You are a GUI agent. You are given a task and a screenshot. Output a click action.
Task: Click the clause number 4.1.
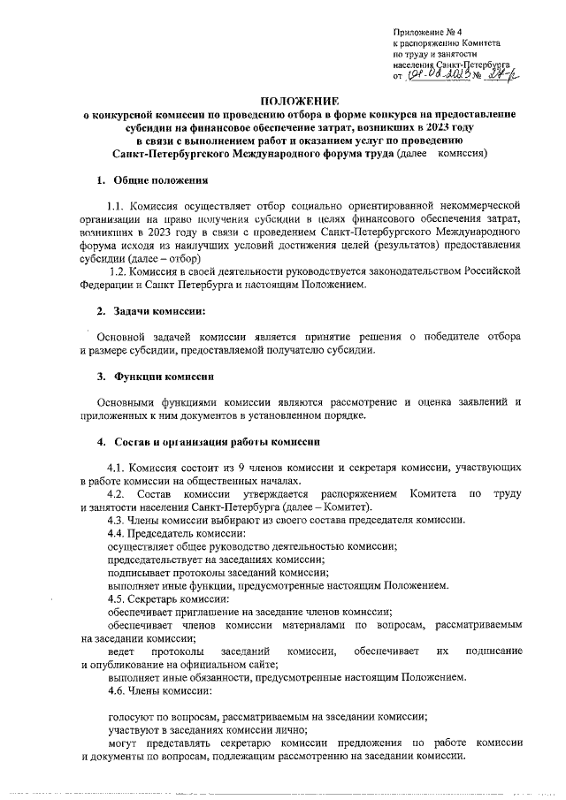(x=117, y=466)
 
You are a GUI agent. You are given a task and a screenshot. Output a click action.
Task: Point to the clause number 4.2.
(x=116, y=492)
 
